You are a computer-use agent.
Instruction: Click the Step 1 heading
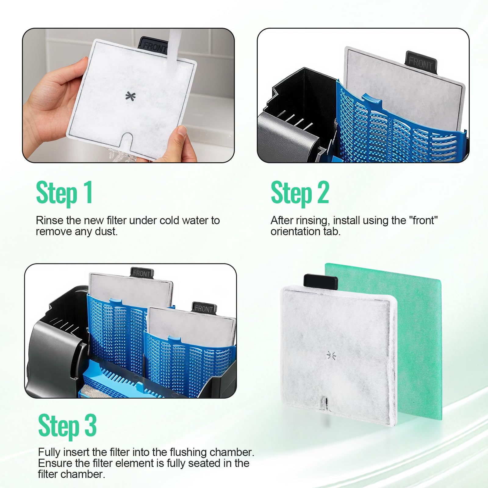[x=64, y=193]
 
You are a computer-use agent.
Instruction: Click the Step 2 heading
[x=300, y=193]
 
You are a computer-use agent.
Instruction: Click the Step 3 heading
[x=67, y=426]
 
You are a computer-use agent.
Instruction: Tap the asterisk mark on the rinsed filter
[x=131, y=96]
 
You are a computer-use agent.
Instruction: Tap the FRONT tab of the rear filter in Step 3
[x=142, y=273]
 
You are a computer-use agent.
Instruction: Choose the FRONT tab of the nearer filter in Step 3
[x=204, y=308]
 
